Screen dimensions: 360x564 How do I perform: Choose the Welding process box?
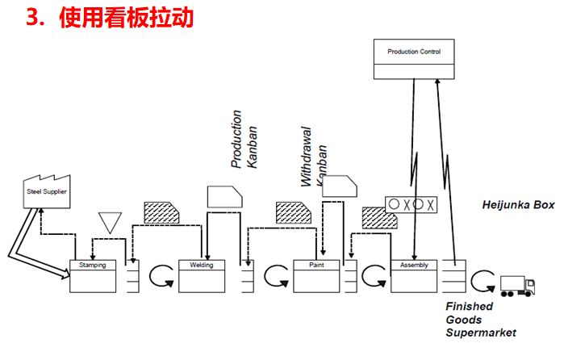(201, 275)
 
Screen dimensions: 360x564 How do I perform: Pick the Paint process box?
(315, 275)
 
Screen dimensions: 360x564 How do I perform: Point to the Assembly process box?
(414, 275)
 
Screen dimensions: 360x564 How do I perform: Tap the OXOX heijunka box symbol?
(412, 203)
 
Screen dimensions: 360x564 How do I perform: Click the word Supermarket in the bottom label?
(482, 333)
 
